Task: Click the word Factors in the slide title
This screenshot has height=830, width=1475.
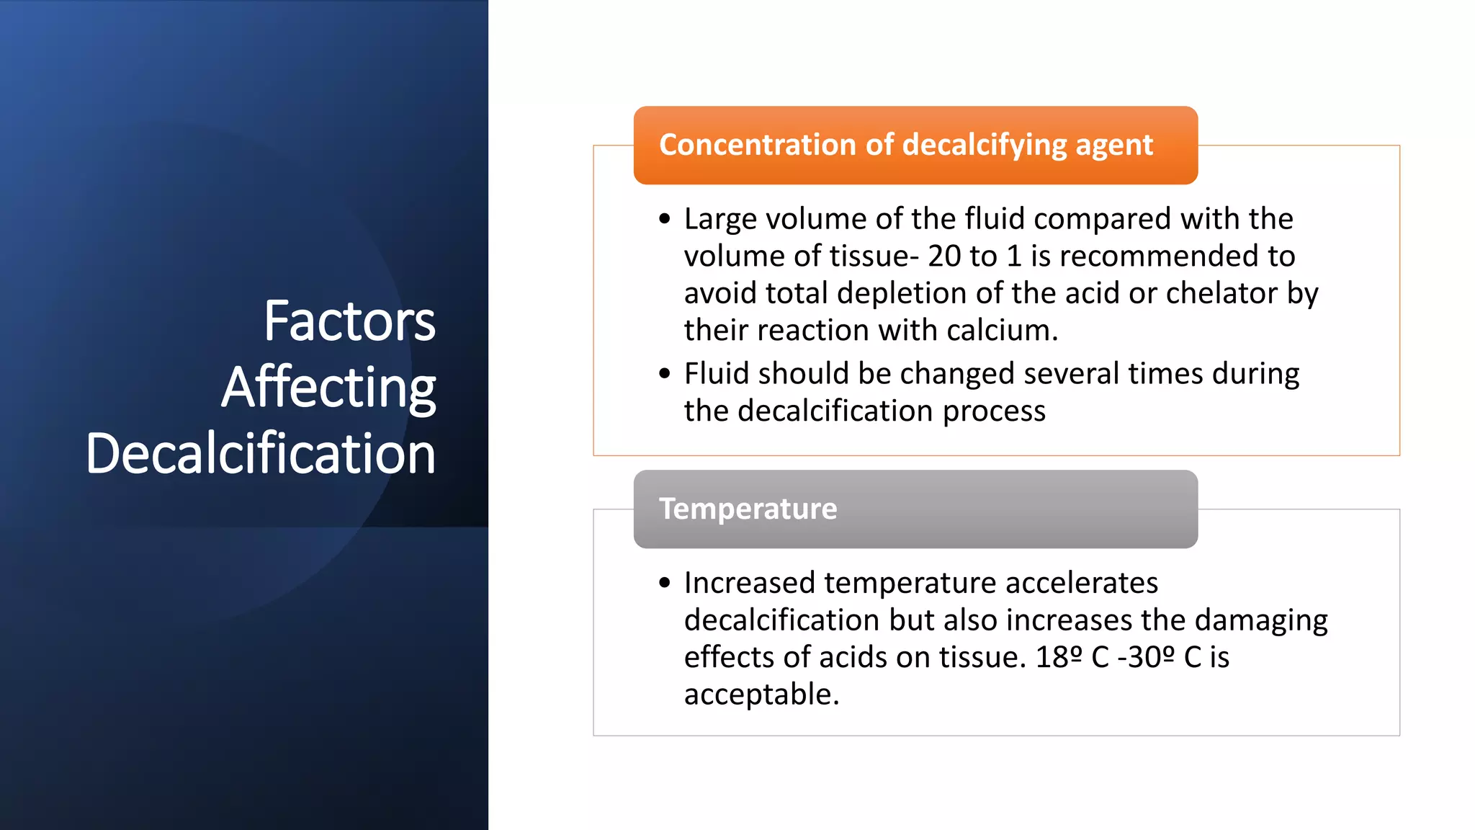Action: point(349,321)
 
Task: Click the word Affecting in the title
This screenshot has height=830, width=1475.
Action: point(328,388)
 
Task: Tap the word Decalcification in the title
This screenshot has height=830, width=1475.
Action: point(261,454)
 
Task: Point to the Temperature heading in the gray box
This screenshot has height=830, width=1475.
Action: point(748,509)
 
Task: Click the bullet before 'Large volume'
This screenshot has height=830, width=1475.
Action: point(664,218)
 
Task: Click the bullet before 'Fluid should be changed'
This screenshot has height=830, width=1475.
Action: point(664,373)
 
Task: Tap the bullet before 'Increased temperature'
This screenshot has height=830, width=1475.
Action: point(664,582)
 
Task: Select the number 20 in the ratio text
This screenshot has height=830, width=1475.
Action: point(944,256)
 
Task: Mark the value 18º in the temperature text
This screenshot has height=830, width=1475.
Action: point(1059,657)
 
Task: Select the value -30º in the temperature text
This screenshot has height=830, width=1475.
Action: point(1146,657)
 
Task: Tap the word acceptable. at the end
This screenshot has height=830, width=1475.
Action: point(761,695)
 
